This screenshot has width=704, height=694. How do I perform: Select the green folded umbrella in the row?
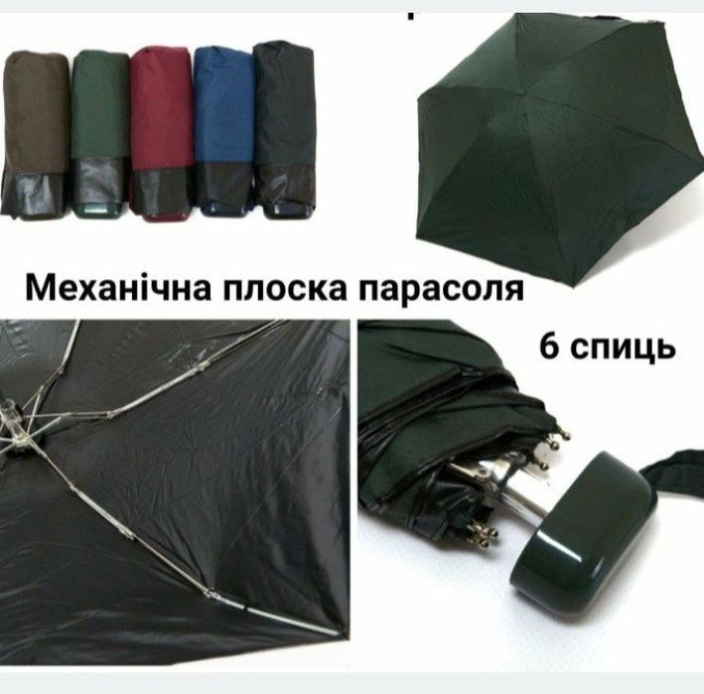tap(98, 114)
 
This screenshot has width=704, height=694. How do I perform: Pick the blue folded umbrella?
tap(222, 109)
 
